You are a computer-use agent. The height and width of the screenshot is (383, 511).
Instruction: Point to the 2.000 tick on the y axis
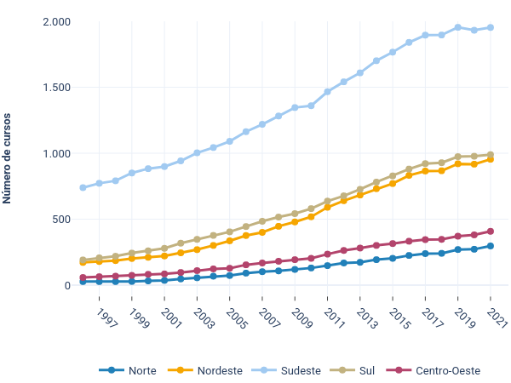point(56,21)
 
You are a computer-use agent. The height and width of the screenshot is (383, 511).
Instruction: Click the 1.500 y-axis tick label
point(56,88)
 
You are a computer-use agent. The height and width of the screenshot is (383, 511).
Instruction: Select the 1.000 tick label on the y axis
point(56,153)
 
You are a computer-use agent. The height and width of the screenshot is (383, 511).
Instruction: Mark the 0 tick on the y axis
point(66,285)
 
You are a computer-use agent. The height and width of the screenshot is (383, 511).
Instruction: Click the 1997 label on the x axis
point(106,317)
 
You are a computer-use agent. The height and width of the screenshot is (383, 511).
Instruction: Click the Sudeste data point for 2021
point(491,27)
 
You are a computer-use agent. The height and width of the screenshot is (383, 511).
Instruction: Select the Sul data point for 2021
point(491,155)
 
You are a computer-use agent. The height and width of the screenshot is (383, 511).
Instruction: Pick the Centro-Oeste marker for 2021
point(491,232)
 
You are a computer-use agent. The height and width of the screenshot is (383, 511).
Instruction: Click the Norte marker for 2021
point(491,246)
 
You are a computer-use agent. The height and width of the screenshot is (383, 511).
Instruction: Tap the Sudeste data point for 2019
point(458,27)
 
